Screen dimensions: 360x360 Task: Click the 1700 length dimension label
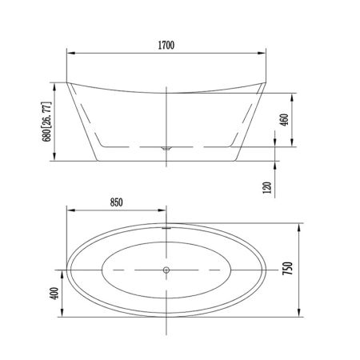click(x=165, y=46)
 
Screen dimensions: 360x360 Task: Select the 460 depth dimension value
click(x=285, y=120)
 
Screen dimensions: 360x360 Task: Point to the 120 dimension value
click(x=267, y=187)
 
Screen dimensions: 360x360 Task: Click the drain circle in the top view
click(x=166, y=270)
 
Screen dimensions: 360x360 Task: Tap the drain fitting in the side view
click(x=166, y=149)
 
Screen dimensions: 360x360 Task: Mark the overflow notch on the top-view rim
click(x=166, y=226)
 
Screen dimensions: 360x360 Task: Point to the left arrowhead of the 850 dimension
click(x=70, y=211)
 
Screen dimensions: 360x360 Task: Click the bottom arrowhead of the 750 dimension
click(x=298, y=314)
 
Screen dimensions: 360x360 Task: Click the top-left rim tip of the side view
click(x=66, y=82)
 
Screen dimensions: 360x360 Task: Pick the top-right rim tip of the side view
click(x=265, y=82)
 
